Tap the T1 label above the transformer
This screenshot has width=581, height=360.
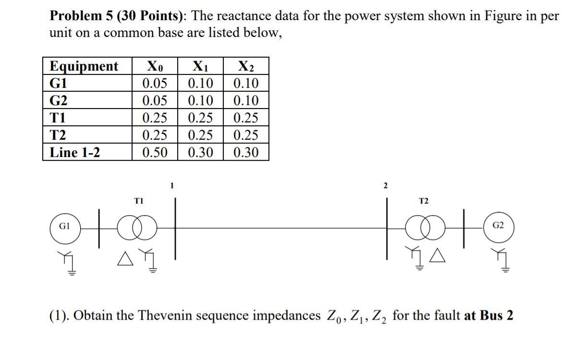138,202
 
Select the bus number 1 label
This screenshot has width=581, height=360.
172,185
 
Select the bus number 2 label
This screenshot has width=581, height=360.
385,185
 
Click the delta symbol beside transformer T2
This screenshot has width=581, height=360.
438,261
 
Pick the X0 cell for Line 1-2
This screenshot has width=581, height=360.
155,153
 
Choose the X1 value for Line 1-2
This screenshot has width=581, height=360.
200,153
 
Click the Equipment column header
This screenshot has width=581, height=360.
84,66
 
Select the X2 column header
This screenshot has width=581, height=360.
246,66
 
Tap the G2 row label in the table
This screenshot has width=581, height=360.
59,101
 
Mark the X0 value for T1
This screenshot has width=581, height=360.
155,118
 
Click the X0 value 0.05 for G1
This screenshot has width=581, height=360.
155,84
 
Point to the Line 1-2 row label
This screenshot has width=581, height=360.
75,153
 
